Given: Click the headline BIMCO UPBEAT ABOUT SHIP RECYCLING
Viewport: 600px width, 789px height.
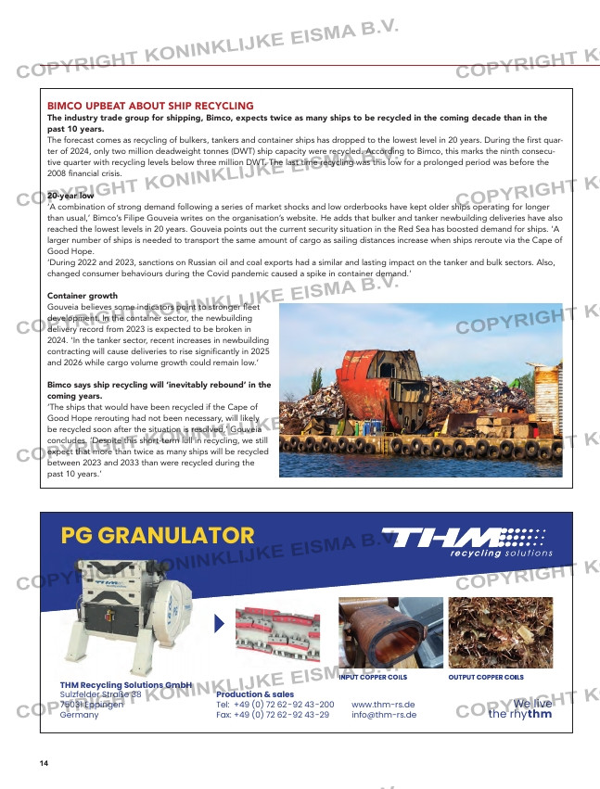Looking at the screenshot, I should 150,107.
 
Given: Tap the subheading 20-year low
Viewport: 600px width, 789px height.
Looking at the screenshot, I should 70,197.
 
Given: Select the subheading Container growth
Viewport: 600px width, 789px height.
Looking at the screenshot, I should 82,296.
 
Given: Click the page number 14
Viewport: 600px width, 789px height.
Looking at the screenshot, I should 44,763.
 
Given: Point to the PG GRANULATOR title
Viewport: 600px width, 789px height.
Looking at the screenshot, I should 157,535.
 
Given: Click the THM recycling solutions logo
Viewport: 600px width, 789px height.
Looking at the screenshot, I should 469,541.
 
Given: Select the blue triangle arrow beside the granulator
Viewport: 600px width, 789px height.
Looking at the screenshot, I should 219,624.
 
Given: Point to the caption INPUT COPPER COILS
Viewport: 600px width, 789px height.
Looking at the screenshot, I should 373,678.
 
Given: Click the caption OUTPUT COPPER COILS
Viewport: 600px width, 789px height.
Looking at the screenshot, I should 486,678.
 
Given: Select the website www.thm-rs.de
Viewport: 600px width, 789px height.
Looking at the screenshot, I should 383,705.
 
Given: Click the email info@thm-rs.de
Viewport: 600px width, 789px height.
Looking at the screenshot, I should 384,715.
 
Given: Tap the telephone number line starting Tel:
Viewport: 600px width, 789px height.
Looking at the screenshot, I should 274,705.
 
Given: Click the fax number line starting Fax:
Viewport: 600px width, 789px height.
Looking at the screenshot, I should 273,715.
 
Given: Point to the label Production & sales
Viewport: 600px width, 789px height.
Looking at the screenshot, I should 255,694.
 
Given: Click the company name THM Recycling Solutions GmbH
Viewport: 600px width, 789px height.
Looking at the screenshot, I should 126,684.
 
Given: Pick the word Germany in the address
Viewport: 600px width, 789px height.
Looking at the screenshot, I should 80,715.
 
